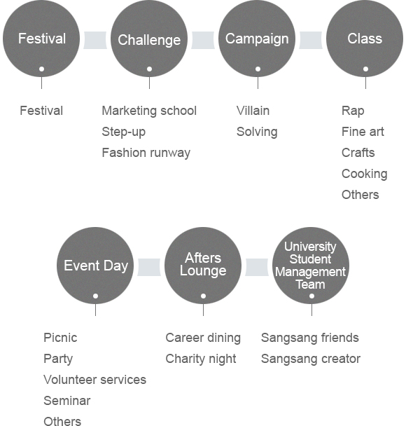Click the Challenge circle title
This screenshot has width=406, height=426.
click(149, 40)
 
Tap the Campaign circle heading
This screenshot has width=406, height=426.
click(257, 39)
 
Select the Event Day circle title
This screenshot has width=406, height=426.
click(96, 266)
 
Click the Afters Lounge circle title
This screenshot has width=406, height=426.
click(203, 264)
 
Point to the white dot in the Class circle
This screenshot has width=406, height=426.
click(365, 69)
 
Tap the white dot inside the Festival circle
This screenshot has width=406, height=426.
click(41, 69)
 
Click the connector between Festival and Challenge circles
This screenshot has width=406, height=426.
click(95, 40)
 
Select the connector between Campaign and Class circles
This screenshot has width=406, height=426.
click(311, 40)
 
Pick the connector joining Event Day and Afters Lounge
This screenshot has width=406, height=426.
click(149, 268)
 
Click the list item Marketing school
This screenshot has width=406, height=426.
click(149, 111)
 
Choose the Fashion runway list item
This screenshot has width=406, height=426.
click(146, 153)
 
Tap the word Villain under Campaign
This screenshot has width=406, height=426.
click(253, 111)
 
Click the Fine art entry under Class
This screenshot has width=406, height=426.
click(363, 132)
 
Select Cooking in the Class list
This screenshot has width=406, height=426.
click(365, 174)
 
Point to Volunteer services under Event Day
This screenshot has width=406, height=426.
click(94, 380)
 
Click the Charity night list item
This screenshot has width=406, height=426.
click(201, 359)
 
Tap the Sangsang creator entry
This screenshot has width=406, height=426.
click(311, 359)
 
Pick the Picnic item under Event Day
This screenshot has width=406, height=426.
click(60, 338)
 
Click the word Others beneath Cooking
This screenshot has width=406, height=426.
click(360, 195)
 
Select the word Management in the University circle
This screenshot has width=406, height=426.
click(311, 273)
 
